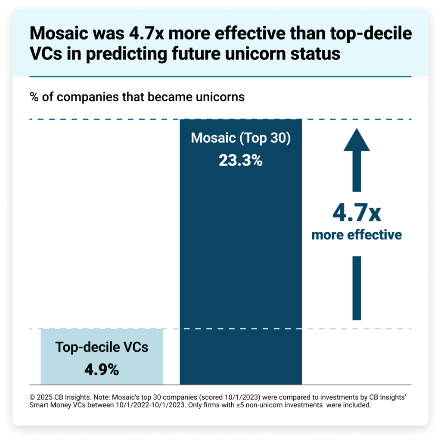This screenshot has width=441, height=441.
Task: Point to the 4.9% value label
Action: click(x=102, y=369)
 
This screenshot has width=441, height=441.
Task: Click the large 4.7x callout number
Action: click(x=357, y=214)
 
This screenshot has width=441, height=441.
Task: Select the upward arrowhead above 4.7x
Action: click(x=357, y=139)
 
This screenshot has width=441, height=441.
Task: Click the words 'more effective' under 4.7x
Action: click(x=357, y=235)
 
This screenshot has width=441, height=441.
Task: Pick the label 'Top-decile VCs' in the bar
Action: click(x=102, y=347)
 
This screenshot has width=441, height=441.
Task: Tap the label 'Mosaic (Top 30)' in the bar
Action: click(x=240, y=138)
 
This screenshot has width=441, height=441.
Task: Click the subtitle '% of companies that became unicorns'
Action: click(x=137, y=97)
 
